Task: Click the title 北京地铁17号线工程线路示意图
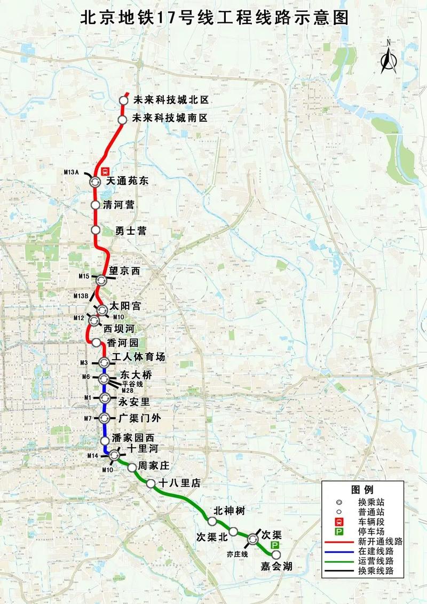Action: [213, 18]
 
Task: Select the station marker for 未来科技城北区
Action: [123, 100]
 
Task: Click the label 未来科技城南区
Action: [170, 118]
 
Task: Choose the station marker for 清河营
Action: [95, 205]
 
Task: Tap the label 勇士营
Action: [131, 231]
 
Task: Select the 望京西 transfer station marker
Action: [101, 279]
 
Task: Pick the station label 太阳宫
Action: [125, 306]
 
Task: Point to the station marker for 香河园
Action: [96, 343]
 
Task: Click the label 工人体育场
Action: [138, 357]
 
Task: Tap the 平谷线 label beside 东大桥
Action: [133, 383]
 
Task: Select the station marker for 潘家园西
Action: [105, 440]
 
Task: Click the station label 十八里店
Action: [179, 483]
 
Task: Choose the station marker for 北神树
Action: [212, 521]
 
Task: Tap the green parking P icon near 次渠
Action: [275, 545]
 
